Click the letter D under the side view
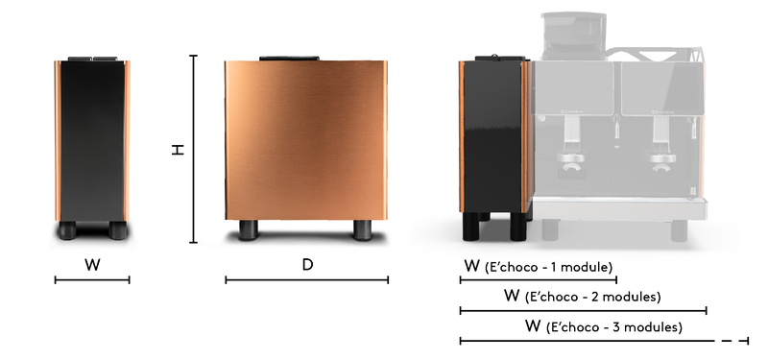pyautogui.click(x=307, y=265)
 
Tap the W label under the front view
pyautogui.click(x=92, y=265)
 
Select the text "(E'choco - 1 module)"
pyautogui.click(x=548, y=268)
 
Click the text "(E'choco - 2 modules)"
pyautogui.click(x=592, y=297)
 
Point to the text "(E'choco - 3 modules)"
pyautogui.click(x=614, y=326)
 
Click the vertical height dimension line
pyautogui.click(x=194, y=149)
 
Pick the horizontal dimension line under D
pyautogui.click(x=306, y=280)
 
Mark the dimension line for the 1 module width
pyautogui.click(x=539, y=280)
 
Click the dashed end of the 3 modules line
pyautogui.click(x=735, y=341)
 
